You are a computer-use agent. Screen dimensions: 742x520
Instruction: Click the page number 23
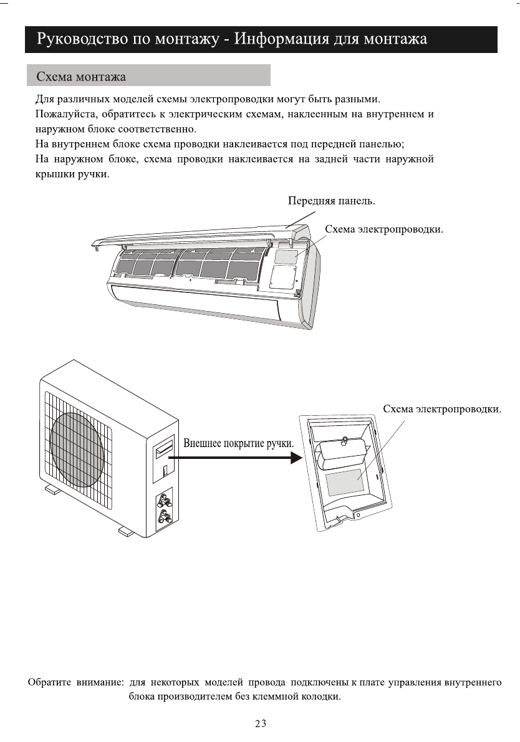[x=261, y=724]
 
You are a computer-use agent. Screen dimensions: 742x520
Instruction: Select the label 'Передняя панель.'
[x=332, y=201]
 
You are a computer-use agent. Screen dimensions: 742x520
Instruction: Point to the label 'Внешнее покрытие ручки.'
[x=238, y=443]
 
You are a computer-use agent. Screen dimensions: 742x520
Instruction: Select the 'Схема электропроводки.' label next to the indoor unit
[x=384, y=229]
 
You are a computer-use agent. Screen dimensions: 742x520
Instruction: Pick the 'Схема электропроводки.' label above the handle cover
[x=442, y=409]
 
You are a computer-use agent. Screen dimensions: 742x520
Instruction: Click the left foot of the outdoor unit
[x=53, y=490]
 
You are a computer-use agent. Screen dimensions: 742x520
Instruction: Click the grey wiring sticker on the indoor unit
[x=286, y=256]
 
